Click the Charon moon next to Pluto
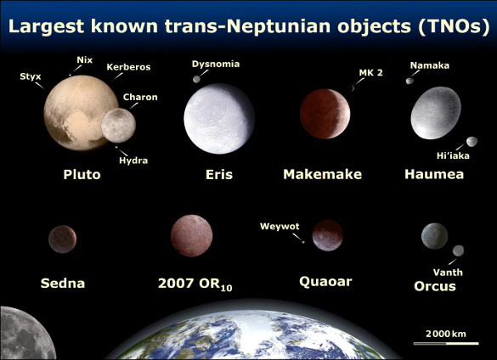[118, 125]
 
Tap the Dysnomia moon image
[197, 79]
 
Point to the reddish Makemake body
[325, 114]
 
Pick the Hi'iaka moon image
[472, 142]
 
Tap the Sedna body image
[62, 239]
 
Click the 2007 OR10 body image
[191, 235]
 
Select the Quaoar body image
[327, 235]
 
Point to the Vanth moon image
[459, 250]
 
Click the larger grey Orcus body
[434, 235]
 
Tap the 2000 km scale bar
[442, 342]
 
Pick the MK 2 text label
[371, 73]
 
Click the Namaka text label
[429, 65]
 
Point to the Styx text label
[30, 76]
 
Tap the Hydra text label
[133, 160]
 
